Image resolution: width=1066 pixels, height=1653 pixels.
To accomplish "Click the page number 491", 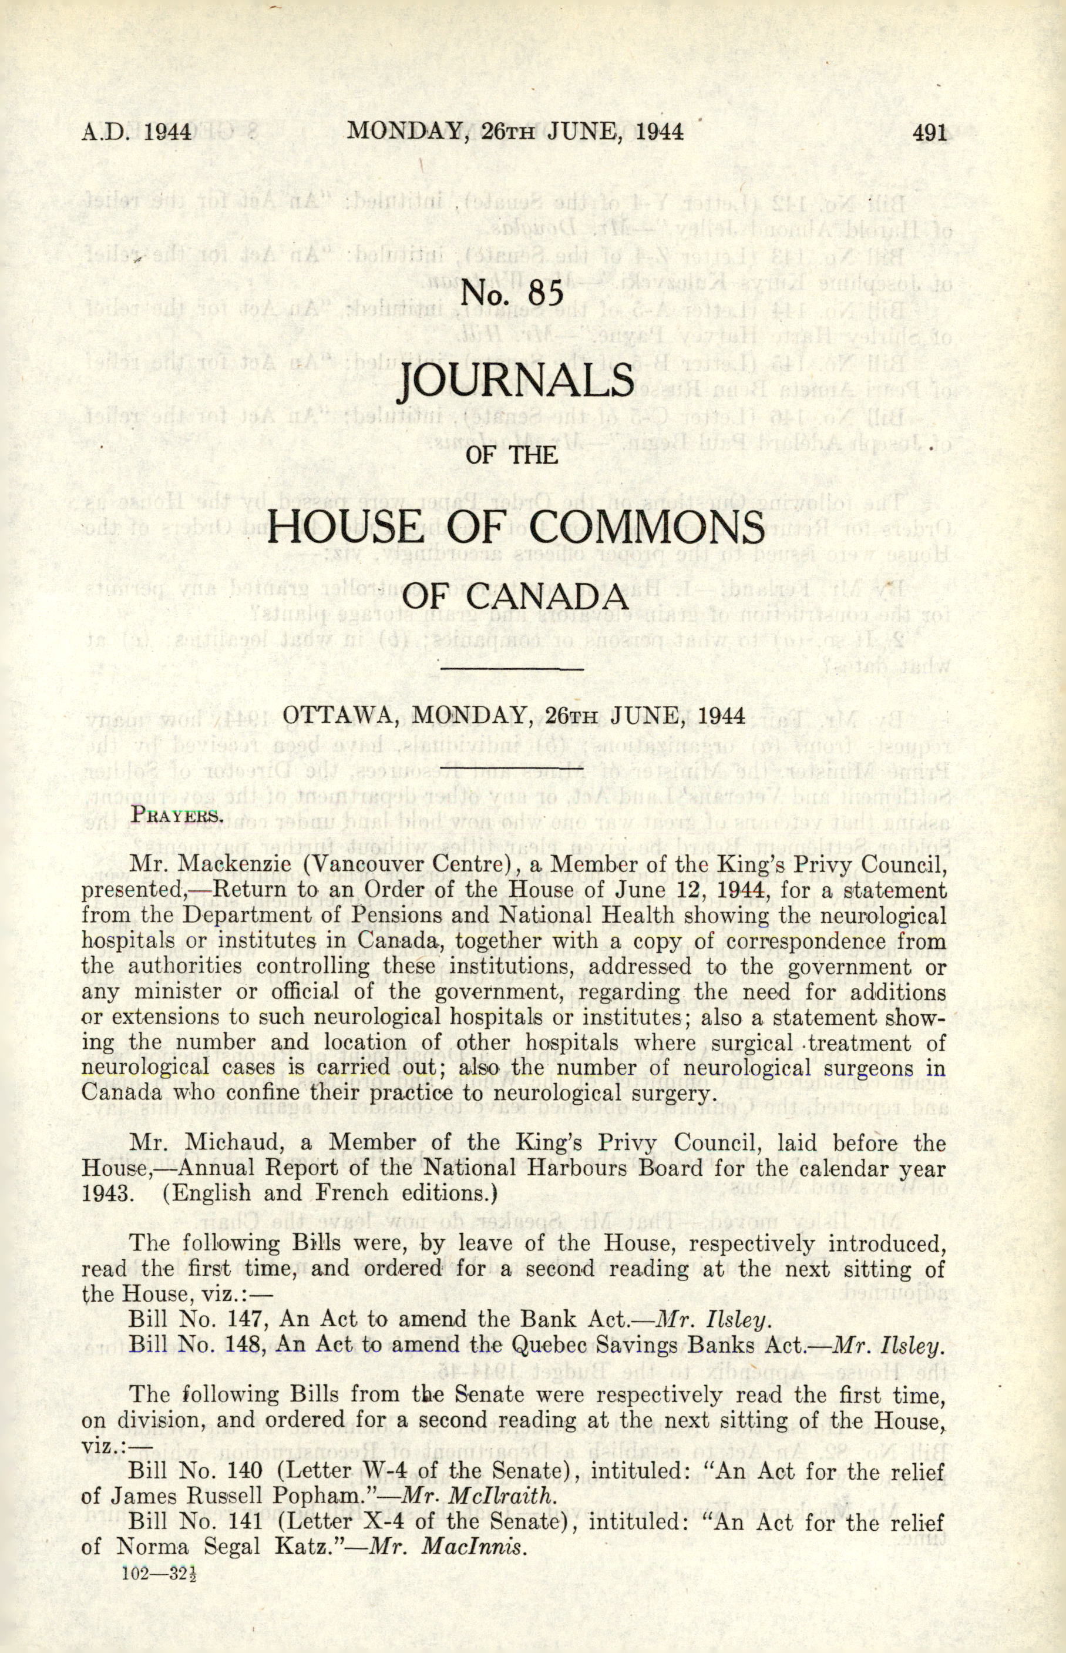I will coord(929,132).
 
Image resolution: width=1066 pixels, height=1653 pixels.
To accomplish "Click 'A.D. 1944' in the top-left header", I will coord(136,132).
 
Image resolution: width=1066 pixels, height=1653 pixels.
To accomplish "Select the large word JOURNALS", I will coord(516,381).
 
